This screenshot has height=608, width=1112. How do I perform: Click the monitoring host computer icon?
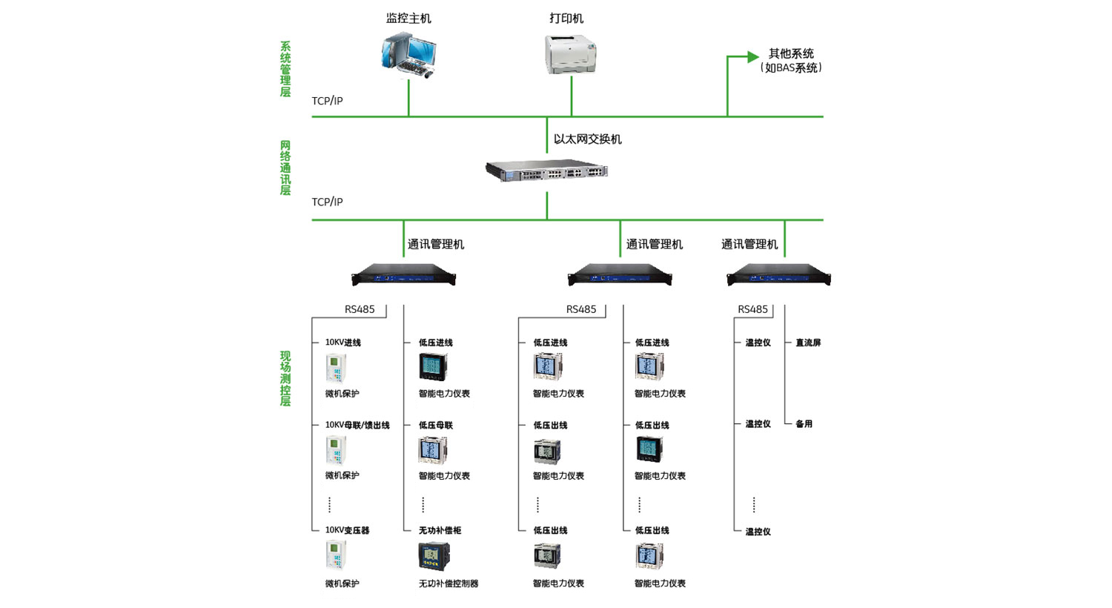pos(409,55)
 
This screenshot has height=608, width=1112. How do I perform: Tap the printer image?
pos(570,54)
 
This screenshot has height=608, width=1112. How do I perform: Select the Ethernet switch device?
pos(546,171)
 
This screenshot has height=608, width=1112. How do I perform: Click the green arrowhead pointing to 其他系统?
pos(753,56)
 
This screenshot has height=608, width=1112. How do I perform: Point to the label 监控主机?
pos(408,19)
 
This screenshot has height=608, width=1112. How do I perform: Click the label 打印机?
pos(566,19)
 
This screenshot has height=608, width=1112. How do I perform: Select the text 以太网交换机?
pos(587,139)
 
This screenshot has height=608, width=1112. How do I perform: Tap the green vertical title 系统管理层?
pos(285,69)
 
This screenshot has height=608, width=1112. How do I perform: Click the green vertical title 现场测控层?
pos(285,378)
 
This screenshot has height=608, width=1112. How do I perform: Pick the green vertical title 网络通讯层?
pos(285,168)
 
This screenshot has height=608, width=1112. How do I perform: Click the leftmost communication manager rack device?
pos(403,274)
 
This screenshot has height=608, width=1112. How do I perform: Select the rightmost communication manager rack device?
pos(778,274)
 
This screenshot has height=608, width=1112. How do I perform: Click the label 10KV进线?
pos(343,343)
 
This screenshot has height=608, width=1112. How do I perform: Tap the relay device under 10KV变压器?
pos(336,555)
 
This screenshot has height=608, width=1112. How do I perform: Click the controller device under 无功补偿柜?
pos(434,556)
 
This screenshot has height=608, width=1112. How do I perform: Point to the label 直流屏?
pos(808,343)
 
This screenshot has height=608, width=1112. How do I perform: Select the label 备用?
pos(804,424)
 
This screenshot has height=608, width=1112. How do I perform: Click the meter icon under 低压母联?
pos(433,450)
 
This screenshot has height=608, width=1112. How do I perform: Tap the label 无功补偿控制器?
pos(449,584)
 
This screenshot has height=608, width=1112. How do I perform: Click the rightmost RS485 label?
pos(752,309)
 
